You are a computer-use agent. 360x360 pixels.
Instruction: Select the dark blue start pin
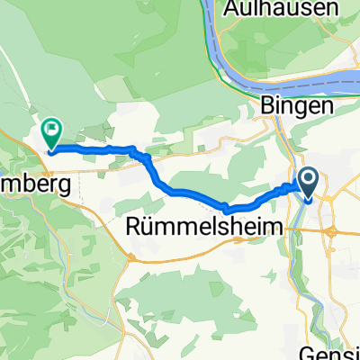pos(308,184)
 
